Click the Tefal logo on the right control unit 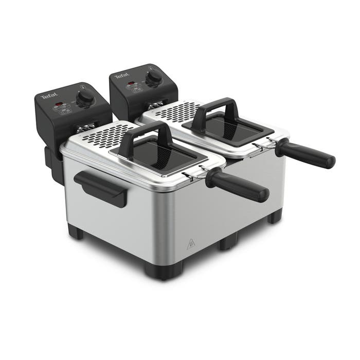tap(121, 77)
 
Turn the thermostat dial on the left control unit tap(85, 96)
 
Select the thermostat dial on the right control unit tap(153, 77)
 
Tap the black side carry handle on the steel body tap(100, 188)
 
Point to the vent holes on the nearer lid tap(105, 135)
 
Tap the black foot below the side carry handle tap(76, 232)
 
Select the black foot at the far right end tap(275, 216)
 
